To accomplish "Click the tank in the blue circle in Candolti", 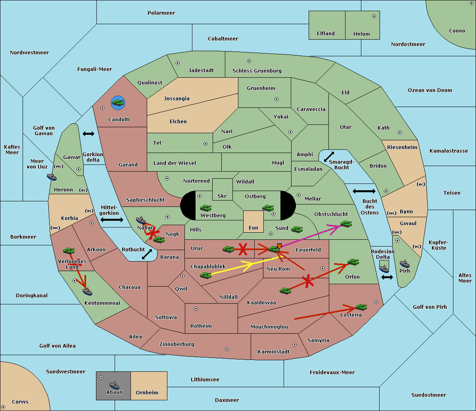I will (118, 103).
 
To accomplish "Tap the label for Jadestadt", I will (201, 70).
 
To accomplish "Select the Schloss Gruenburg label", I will (257, 71).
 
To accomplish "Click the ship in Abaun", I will (114, 385).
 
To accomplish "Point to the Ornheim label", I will (147, 392).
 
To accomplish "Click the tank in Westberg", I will (205, 208).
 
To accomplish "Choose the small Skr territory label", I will (222, 196).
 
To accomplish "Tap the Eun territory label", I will (253, 227).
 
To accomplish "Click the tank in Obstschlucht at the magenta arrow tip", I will (346, 224).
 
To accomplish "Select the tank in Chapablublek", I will (205, 275).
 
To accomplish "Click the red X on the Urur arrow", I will (242, 249).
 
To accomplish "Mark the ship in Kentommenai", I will (87, 292).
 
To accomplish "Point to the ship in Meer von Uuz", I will (52, 176).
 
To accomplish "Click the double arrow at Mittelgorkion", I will (112, 220).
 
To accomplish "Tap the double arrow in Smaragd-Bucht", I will (329, 157).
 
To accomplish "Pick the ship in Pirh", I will (405, 264).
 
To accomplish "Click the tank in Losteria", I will (361, 307).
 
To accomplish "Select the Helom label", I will (361, 34).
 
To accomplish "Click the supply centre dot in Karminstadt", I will (295, 345).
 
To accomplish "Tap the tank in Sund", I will (297, 229).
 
